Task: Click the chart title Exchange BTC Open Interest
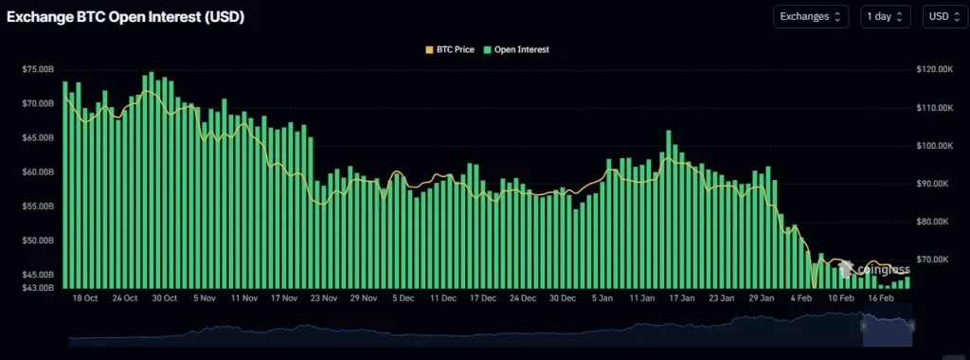[125, 17]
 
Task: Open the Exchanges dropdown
[811, 16]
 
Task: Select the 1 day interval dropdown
[887, 16]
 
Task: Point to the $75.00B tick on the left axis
[38, 69]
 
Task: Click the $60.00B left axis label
[38, 172]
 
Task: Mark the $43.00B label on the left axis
[38, 287]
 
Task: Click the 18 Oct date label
[84, 298]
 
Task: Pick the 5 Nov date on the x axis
[205, 298]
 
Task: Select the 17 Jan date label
[682, 298]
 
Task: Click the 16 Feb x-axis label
[881, 298]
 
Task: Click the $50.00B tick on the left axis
[38, 241]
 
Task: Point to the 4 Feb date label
[802, 298]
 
